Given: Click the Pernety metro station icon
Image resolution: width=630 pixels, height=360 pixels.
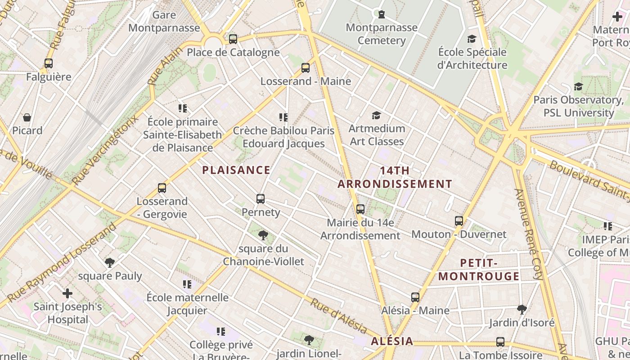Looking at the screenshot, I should pyautogui.click(x=260, y=198).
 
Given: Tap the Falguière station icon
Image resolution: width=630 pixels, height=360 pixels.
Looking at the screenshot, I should pyautogui.click(x=49, y=63).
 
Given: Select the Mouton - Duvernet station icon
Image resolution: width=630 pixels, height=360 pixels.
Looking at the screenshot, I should pyautogui.click(x=459, y=221).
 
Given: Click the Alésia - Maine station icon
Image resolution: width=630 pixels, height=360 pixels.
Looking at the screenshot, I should pyautogui.click(x=415, y=297).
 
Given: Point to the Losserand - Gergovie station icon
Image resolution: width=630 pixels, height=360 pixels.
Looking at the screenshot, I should pyautogui.click(x=162, y=188).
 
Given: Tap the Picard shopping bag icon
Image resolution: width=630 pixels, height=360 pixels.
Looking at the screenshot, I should pyautogui.click(x=27, y=117).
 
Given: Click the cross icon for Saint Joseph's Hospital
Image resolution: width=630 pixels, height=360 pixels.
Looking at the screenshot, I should pyautogui.click(x=67, y=294).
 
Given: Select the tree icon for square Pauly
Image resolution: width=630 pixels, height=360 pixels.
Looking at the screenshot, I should pyautogui.click(x=109, y=262).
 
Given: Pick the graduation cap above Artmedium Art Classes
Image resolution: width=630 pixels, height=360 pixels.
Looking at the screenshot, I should pyautogui.click(x=376, y=116).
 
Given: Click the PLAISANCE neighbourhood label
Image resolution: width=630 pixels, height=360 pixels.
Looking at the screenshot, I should pyautogui.click(x=236, y=170).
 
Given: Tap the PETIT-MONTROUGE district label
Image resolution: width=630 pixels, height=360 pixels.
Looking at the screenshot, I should pyautogui.click(x=479, y=270).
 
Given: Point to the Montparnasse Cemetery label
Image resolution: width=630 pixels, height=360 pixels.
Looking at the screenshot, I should pyautogui.click(x=382, y=34).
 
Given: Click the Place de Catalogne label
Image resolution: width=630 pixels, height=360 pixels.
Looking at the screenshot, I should pyautogui.click(x=233, y=52).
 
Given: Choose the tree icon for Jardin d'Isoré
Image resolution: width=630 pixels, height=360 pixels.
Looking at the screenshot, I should pyautogui.click(x=522, y=309).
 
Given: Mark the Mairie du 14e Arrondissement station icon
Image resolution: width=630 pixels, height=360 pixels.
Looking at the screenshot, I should pyautogui.click(x=360, y=209).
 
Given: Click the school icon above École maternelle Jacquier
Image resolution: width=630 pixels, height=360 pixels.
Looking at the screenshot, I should pyautogui.click(x=187, y=284).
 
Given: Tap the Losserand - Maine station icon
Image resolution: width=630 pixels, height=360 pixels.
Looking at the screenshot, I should pyautogui.click(x=306, y=68).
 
